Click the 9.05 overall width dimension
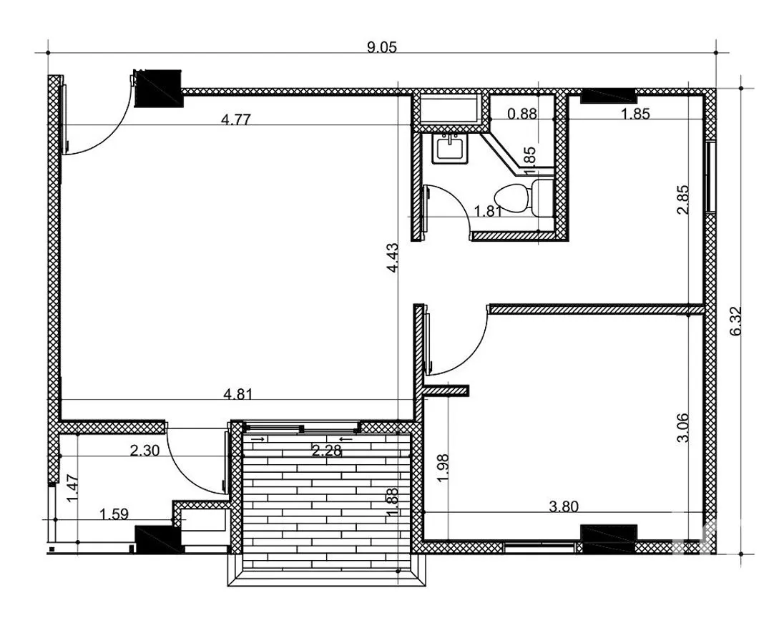[x=381, y=47]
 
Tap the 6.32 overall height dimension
[x=736, y=321]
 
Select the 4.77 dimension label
[x=235, y=119]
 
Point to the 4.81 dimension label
[x=238, y=394]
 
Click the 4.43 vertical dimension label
[x=393, y=257]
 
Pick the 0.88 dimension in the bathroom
[x=522, y=114]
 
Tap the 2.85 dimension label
[x=683, y=200]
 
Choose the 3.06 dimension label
[x=682, y=428]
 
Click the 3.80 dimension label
[x=564, y=507]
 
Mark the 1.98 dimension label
[x=443, y=468]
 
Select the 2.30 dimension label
[x=144, y=451]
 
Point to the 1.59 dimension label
[x=114, y=514]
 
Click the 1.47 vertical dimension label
[x=73, y=489]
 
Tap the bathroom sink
[x=451, y=149]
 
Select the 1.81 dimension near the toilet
[x=488, y=211]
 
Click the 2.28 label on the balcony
[x=326, y=451]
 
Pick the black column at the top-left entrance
[x=158, y=89]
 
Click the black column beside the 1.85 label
[x=607, y=96]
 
